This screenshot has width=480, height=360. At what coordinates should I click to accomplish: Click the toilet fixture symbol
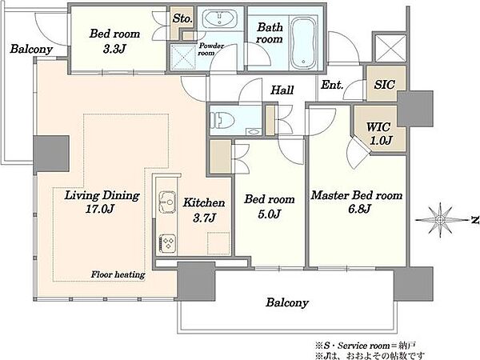coord(222,119)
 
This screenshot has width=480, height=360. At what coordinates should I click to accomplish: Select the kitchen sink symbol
coord(167,202)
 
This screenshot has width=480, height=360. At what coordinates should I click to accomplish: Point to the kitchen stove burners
coord(167,243)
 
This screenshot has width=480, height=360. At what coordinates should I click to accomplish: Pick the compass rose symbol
coord(441,220)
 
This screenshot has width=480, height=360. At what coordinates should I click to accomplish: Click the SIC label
coord(385,85)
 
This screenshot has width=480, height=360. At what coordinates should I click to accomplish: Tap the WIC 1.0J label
coord(379,133)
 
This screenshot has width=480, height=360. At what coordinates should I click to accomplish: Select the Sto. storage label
coord(182,18)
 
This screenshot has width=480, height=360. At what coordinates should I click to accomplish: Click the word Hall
coord(282,90)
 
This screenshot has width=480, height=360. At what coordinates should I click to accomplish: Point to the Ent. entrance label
coord(332,85)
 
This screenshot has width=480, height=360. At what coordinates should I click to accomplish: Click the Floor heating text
coord(118,274)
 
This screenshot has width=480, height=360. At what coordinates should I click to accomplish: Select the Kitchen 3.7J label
coord(204,210)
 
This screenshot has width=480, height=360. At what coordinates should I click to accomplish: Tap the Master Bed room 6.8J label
coord(357,202)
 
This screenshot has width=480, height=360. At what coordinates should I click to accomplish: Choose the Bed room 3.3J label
coord(114,41)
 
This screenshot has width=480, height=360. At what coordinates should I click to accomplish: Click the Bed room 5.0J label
coord(270,206)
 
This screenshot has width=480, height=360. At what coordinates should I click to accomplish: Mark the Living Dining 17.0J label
coord(102,202)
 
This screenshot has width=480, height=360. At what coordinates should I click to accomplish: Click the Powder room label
coord(211,50)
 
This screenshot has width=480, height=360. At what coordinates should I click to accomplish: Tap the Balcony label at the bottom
coord(287,302)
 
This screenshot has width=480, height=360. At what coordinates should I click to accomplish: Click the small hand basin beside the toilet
coord(254,132)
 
